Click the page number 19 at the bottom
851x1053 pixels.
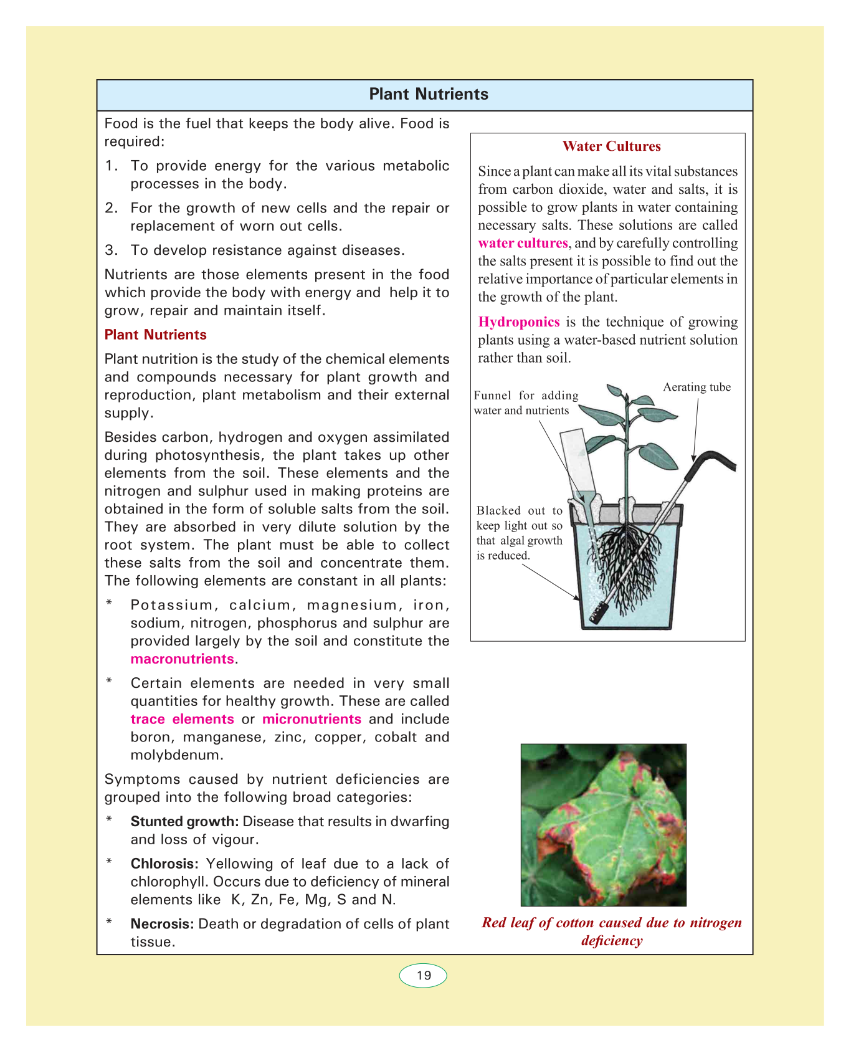click(424, 976)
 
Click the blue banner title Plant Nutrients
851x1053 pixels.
click(429, 94)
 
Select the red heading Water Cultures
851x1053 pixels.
click(611, 146)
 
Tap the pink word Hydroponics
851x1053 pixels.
click(519, 322)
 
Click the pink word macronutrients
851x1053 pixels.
click(182, 659)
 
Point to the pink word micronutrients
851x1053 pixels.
click(311, 719)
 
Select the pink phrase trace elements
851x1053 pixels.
click(182, 719)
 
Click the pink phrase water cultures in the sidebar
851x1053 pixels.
click(523, 243)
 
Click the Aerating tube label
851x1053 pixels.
click(696, 388)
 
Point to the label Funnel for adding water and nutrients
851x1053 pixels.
click(526, 403)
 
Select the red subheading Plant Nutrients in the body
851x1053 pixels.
click(155, 335)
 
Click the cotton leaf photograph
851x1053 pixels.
click(603, 824)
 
